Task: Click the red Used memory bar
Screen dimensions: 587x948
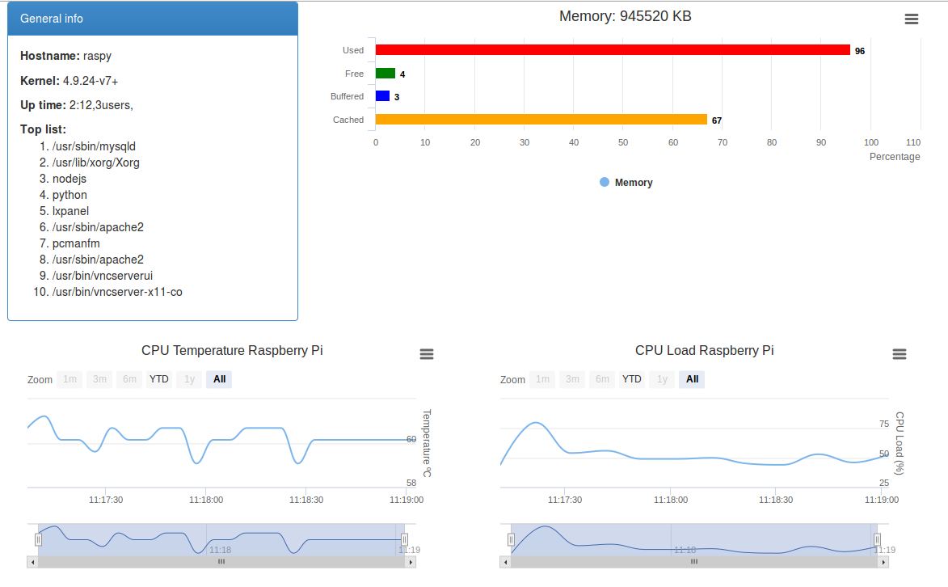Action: (x=613, y=50)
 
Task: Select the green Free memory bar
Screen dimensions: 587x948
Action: (x=386, y=74)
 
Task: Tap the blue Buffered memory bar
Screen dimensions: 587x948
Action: (x=382, y=96)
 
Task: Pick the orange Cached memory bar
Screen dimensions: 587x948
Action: (x=541, y=120)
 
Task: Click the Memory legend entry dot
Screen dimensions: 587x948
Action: (x=605, y=182)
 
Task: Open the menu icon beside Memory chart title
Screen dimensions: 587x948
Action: (x=912, y=19)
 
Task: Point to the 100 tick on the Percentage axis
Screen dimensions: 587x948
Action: (x=871, y=142)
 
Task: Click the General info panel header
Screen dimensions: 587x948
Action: (x=153, y=19)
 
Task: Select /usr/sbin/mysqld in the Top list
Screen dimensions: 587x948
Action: (x=94, y=146)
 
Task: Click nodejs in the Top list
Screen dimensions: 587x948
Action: (x=70, y=179)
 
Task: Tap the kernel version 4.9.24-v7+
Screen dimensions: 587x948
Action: (x=91, y=81)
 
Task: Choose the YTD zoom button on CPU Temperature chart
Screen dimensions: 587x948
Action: (x=159, y=379)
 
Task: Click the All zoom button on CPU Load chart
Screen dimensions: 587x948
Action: (x=692, y=379)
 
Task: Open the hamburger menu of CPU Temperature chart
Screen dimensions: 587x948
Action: (x=427, y=354)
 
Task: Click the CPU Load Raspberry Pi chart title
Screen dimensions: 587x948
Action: (x=704, y=350)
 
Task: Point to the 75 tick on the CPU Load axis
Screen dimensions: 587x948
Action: (x=883, y=424)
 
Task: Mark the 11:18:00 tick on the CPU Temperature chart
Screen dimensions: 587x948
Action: (x=206, y=500)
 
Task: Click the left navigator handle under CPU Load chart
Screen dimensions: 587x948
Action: (x=511, y=539)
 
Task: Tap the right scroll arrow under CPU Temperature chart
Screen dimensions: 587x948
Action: (x=411, y=561)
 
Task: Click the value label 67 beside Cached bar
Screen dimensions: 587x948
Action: (x=716, y=120)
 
